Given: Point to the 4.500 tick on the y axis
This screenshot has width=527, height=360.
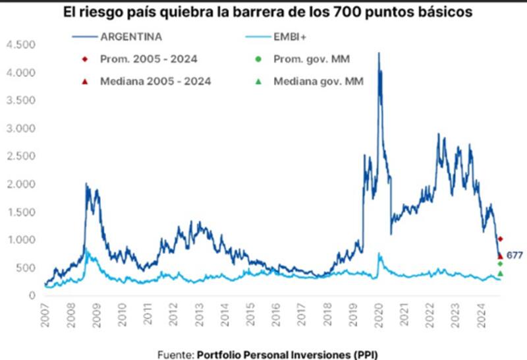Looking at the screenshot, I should pyautogui.click(x=20, y=45).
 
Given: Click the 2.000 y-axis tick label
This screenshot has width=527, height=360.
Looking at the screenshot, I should pyautogui.click(x=20, y=184).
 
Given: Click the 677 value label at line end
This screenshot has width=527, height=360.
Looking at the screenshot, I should pyautogui.click(x=514, y=255).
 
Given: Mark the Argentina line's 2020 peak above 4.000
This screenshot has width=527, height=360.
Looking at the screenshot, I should pyautogui.click(x=378, y=54).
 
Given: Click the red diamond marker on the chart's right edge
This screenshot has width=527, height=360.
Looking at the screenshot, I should pyautogui.click(x=501, y=239).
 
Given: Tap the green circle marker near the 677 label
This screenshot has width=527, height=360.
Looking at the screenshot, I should pyautogui.click(x=501, y=264).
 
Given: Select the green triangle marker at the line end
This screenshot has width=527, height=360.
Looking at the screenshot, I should pyautogui.click(x=501, y=273).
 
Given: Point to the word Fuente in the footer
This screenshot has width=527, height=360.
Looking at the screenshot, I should pyautogui.click(x=175, y=354).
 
